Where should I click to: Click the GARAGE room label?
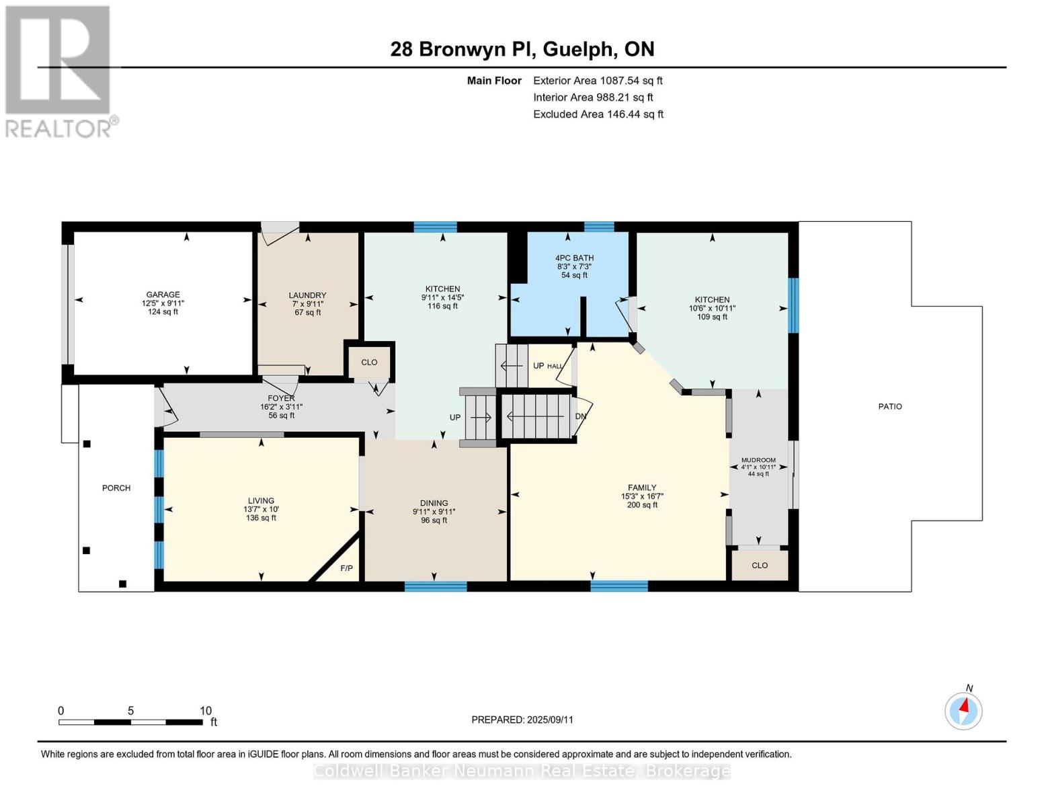click(163, 295)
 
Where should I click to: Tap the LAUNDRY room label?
click(307, 295)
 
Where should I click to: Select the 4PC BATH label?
click(574, 258)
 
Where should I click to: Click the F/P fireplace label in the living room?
click(346, 569)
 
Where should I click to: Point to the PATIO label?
click(889, 407)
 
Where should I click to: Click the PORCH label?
click(116, 488)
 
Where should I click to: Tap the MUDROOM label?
click(758, 461)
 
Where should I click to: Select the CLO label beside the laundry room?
click(369, 362)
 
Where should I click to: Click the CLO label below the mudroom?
click(760, 566)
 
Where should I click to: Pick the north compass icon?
click(963, 710)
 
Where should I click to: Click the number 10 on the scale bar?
click(205, 711)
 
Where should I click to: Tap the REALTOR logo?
click(59, 71)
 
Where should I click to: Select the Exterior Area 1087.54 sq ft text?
click(598, 81)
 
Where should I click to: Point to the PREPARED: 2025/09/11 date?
click(522, 720)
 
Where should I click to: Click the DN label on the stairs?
click(581, 416)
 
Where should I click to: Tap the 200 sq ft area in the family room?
click(642, 505)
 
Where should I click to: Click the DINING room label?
click(434, 503)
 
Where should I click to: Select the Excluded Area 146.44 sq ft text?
click(598, 114)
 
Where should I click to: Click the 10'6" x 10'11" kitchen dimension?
click(712, 309)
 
